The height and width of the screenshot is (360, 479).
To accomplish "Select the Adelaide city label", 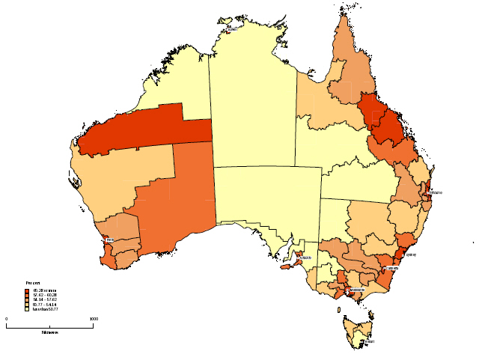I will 305,259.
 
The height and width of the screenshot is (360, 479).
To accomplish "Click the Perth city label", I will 110,240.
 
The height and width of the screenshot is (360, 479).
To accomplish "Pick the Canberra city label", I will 391,267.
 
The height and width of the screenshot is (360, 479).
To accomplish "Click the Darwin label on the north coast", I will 232,29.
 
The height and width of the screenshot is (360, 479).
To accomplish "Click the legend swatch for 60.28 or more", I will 26,290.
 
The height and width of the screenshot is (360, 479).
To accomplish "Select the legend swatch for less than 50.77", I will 26,308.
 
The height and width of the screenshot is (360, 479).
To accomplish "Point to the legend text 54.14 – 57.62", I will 43,299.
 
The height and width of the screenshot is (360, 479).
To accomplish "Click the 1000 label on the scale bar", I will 93,319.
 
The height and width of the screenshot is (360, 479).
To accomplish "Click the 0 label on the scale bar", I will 7,319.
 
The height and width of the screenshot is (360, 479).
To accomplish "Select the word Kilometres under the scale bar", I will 50,330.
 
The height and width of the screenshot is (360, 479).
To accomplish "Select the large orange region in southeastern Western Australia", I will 176,202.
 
